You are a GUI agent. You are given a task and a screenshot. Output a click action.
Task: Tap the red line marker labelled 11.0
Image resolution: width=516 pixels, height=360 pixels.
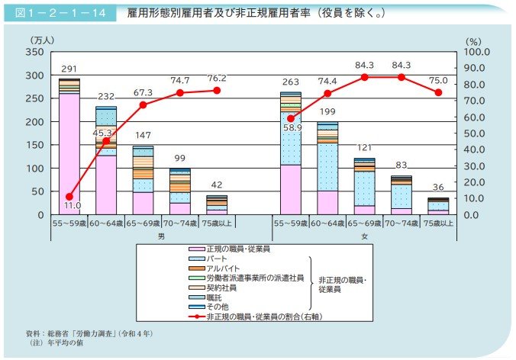coord(69,197)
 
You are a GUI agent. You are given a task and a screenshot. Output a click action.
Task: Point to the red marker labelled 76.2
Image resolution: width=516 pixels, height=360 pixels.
coord(216,91)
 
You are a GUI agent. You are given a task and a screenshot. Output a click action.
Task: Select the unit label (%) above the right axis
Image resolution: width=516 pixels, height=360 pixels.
coord(472,39)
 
